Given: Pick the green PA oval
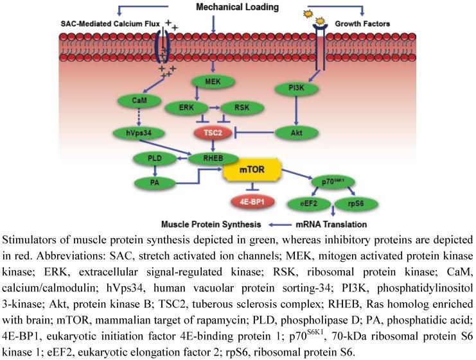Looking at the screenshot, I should pos(154,183).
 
